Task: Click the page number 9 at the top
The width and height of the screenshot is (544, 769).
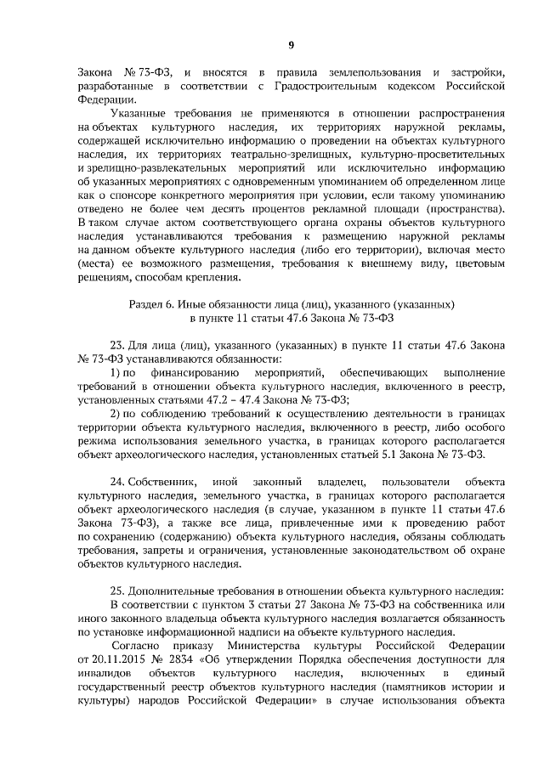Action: tap(290, 45)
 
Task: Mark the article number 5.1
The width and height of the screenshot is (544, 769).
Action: tap(403, 453)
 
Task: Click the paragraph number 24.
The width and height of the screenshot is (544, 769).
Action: tap(119, 481)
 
